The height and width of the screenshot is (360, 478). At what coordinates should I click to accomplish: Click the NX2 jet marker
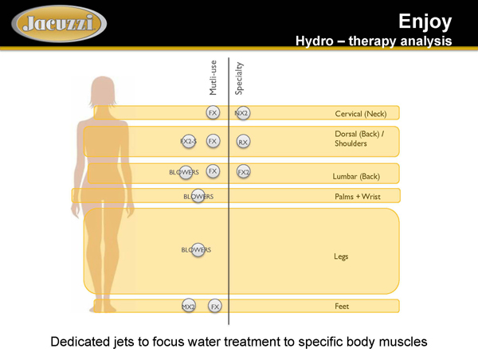click(242, 114)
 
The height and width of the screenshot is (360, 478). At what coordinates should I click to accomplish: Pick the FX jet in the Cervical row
click(213, 113)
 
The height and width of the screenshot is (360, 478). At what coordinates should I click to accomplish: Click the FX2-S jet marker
click(189, 141)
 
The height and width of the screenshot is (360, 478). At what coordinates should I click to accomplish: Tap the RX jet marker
click(244, 142)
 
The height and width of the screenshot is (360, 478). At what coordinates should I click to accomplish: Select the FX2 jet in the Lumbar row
click(244, 172)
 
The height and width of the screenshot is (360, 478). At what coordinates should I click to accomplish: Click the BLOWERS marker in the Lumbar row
click(184, 172)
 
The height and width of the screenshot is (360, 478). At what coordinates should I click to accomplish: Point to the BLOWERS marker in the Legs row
click(196, 250)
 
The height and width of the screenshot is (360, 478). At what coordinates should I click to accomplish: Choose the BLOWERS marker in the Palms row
click(198, 196)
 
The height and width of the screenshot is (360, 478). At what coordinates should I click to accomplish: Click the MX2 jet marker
click(189, 306)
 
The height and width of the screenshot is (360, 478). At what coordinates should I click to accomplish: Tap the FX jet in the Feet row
click(215, 306)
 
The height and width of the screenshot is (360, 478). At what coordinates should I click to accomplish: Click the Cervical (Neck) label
click(360, 115)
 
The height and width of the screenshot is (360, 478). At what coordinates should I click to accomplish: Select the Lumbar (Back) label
click(356, 175)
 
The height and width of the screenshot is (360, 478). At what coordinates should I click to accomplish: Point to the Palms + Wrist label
click(357, 196)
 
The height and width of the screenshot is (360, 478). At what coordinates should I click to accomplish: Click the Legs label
click(341, 256)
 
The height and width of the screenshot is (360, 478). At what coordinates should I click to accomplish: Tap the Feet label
click(342, 306)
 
